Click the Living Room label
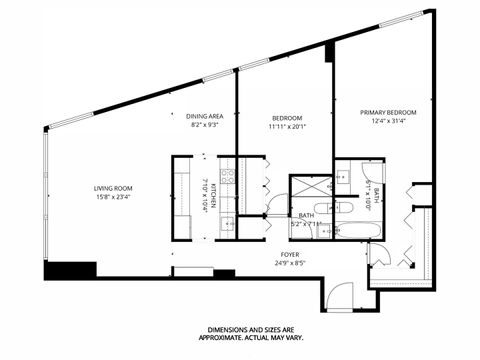point(113,188)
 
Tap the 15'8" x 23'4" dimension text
point(113,197)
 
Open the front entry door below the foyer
point(340,296)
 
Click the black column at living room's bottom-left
point(70,271)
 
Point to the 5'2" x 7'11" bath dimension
point(305,224)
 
